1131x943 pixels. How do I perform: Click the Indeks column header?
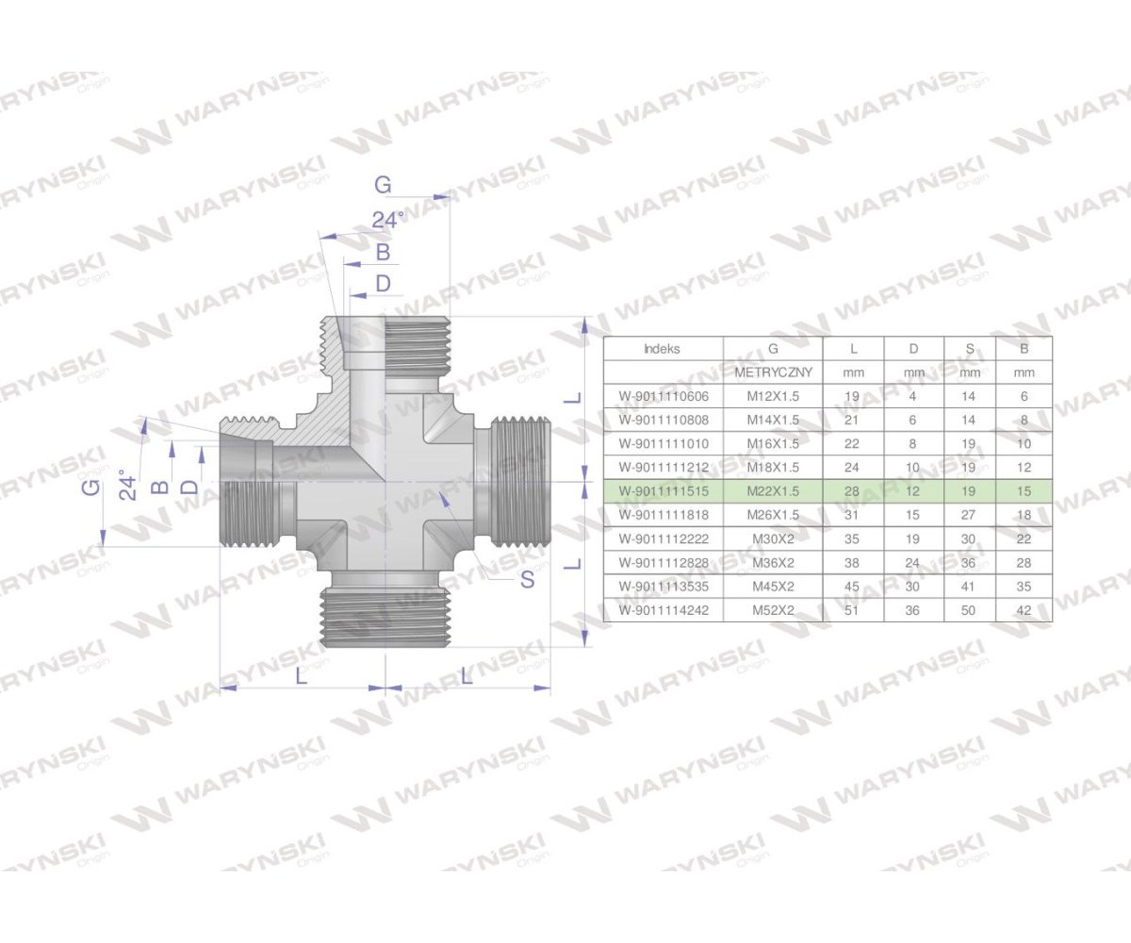coord(662,348)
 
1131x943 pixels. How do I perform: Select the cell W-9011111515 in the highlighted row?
coord(663,491)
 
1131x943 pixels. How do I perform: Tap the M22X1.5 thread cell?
coord(773,491)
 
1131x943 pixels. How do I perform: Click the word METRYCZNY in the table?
coord(773,372)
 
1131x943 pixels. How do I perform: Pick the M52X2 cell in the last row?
coord(773,610)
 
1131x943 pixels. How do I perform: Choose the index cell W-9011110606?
coord(663,396)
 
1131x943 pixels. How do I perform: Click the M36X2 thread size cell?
coord(773,563)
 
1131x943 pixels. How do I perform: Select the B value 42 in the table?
coord(1024,610)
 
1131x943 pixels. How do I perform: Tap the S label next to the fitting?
coord(527,579)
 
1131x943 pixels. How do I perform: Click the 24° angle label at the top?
coord(386,220)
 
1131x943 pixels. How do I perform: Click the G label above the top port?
coord(382,185)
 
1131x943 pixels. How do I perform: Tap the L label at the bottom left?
coord(301,675)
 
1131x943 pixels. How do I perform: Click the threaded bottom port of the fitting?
coord(386,618)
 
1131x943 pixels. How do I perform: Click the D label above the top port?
coord(383,283)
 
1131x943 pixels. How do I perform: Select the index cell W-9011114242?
coord(663,610)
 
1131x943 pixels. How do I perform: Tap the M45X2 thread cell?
coord(773,587)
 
